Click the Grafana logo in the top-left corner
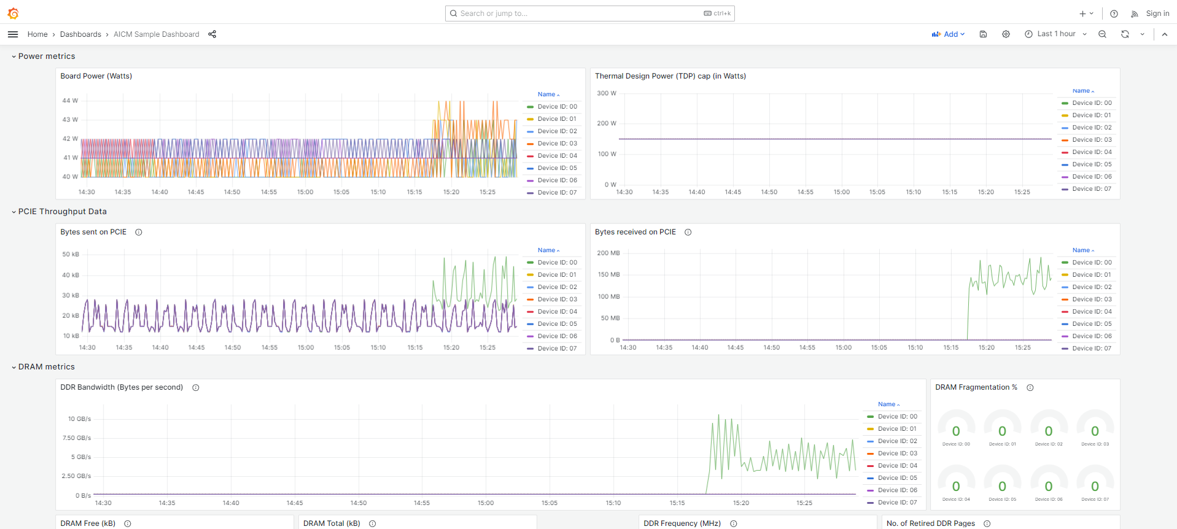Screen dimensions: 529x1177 (x=13, y=14)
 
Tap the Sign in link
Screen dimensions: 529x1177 (x=1157, y=14)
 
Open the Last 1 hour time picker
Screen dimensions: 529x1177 (x=1055, y=34)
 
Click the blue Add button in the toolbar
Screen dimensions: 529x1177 (x=948, y=34)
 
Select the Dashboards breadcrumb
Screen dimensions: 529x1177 (x=80, y=34)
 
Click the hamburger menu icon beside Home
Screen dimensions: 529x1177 (x=13, y=34)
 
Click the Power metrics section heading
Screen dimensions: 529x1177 (x=47, y=56)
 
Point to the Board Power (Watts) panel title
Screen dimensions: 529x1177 (x=96, y=76)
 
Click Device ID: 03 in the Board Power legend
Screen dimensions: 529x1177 (x=557, y=144)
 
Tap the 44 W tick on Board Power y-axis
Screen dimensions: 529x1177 (x=70, y=101)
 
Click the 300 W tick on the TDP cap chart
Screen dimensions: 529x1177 (x=607, y=93)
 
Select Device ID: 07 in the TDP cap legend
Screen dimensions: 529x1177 (x=1092, y=189)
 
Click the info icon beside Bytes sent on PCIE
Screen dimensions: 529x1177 (x=139, y=232)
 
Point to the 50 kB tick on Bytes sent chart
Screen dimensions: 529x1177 (x=71, y=254)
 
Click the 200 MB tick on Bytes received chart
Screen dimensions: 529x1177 (x=608, y=253)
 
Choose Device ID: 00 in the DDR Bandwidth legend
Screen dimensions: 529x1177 (x=897, y=417)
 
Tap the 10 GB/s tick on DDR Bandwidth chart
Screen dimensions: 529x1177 (x=80, y=419)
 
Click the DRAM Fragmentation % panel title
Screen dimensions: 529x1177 (x=976, y=387)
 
